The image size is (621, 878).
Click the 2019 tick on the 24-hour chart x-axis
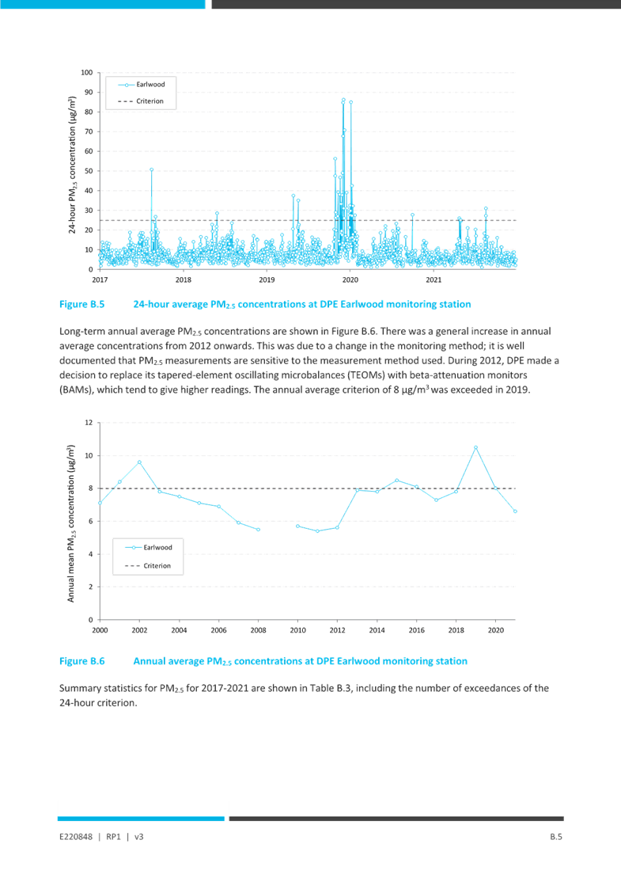pyautogui.click(x=267, y=279)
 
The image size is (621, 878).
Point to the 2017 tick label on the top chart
pyautogui.click(x=99, y=279)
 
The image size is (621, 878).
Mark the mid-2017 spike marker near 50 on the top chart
pyautogui.click(x=152, y=169)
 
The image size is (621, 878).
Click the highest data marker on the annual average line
pyautogui.click(x=475, y=447)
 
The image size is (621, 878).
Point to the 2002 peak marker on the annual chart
pyautogui.click(x=139, y=462)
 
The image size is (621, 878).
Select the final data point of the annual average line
pyautogui.click(x=515, y=511)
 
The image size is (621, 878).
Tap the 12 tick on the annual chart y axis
pyautogui.click(x=89, y=423)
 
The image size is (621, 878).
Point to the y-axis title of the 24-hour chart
pyautogui.click(x=71, y=171)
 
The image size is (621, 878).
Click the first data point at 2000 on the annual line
pyautogui.click(x=100, y=503)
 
